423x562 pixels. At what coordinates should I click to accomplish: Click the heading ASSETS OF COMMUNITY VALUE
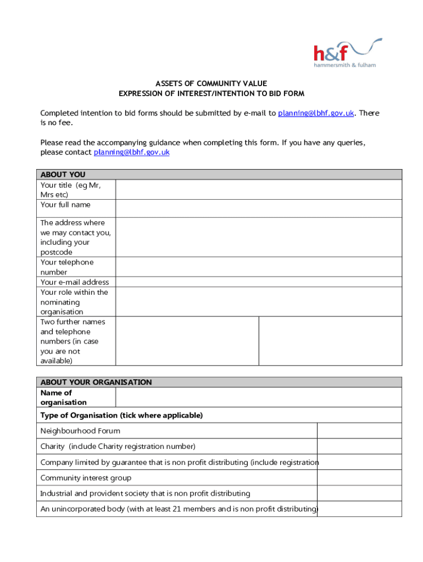(x=211, y=83)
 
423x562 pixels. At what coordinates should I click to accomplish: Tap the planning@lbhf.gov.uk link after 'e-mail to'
(x=316, y=113)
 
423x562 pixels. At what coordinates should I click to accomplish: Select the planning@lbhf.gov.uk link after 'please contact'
(x=131, y=152)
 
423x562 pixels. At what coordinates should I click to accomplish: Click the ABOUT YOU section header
(x=63, y=175)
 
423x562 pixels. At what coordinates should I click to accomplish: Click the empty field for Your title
(x=258, y=190)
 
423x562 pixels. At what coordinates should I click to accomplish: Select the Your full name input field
(x=258, y=208)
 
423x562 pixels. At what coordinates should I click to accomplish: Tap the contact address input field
(x=258, y=237)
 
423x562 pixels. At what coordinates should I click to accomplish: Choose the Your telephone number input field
(x=258, y=267)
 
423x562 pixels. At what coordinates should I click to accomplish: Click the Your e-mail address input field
(x=258, y=282)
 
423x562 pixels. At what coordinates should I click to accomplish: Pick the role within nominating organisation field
(x=258, y=302)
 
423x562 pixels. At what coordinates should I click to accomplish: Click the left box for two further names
(x=187, y=341)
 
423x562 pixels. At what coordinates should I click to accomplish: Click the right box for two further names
(x=330, y=341)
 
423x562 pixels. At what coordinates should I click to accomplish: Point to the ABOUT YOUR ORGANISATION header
(x=96, y=382)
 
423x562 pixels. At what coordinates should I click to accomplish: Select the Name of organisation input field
(x=258, y=397)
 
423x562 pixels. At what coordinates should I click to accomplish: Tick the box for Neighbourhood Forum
(x=359, y=431)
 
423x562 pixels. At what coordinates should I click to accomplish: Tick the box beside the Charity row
(x=359, y=446)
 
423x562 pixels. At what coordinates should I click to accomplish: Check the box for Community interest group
(x=359, y=478)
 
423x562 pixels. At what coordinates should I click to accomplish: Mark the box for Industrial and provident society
(x=359, y=493)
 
